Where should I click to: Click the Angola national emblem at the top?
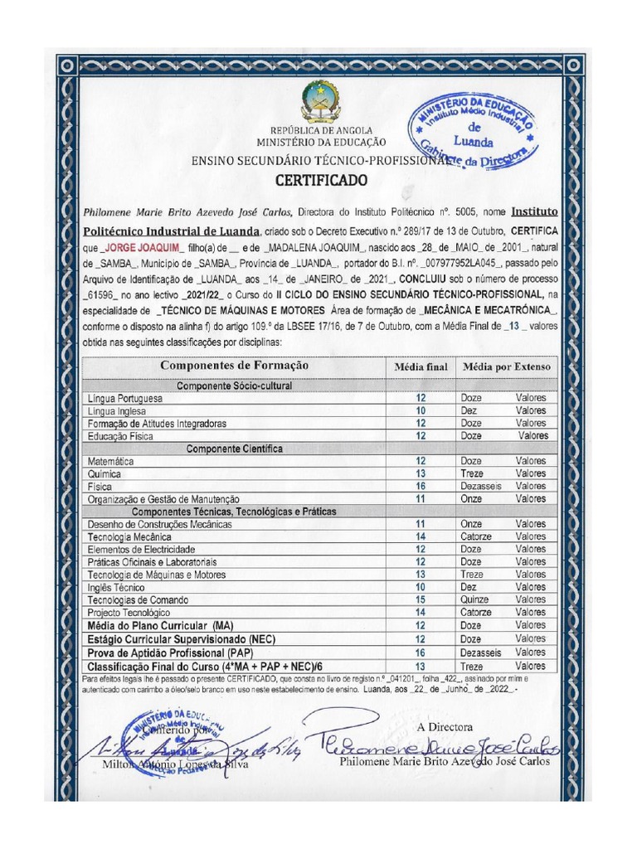pos(320,100)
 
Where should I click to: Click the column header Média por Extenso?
pos(506,366)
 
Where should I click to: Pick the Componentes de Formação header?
pos(234,366)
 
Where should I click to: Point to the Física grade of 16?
pos(421,486)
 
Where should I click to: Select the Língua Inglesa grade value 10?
pos(421,410)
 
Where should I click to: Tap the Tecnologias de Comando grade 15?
pos(421,599)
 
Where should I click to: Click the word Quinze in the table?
pos(474,599)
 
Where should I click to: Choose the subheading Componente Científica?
pos(234,449)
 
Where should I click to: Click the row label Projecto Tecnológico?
pos(129,613)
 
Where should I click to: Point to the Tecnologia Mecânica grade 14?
pos(421,536)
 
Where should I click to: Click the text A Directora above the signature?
pos(445,726)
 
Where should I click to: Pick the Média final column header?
pos(421,366)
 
